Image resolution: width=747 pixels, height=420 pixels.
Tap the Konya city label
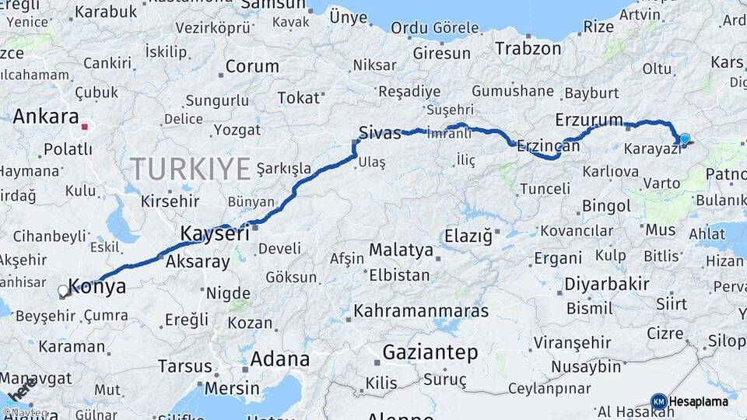(97, 285)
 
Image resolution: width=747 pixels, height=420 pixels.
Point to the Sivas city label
(379, 131)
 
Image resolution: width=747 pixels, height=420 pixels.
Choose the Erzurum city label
(589, 120)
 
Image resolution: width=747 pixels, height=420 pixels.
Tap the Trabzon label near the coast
(528, 48)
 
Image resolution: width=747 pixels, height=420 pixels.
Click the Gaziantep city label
(430, 352)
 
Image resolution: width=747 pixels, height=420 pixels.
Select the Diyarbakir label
(607, 284)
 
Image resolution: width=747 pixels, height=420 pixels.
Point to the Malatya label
(401, 250)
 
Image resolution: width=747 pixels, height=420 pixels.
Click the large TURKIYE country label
(191, 168)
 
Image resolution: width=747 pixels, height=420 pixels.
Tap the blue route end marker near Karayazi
(685, 139)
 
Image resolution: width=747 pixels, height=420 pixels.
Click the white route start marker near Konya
(63, 291)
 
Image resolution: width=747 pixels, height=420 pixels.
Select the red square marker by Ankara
(84, 125)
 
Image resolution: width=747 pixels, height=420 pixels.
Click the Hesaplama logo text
(698, 401)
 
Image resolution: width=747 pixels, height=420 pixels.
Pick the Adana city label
(279, 359)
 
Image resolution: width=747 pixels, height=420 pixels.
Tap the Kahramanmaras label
(421, 311)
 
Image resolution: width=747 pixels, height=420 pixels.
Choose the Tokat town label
(299, 98)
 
